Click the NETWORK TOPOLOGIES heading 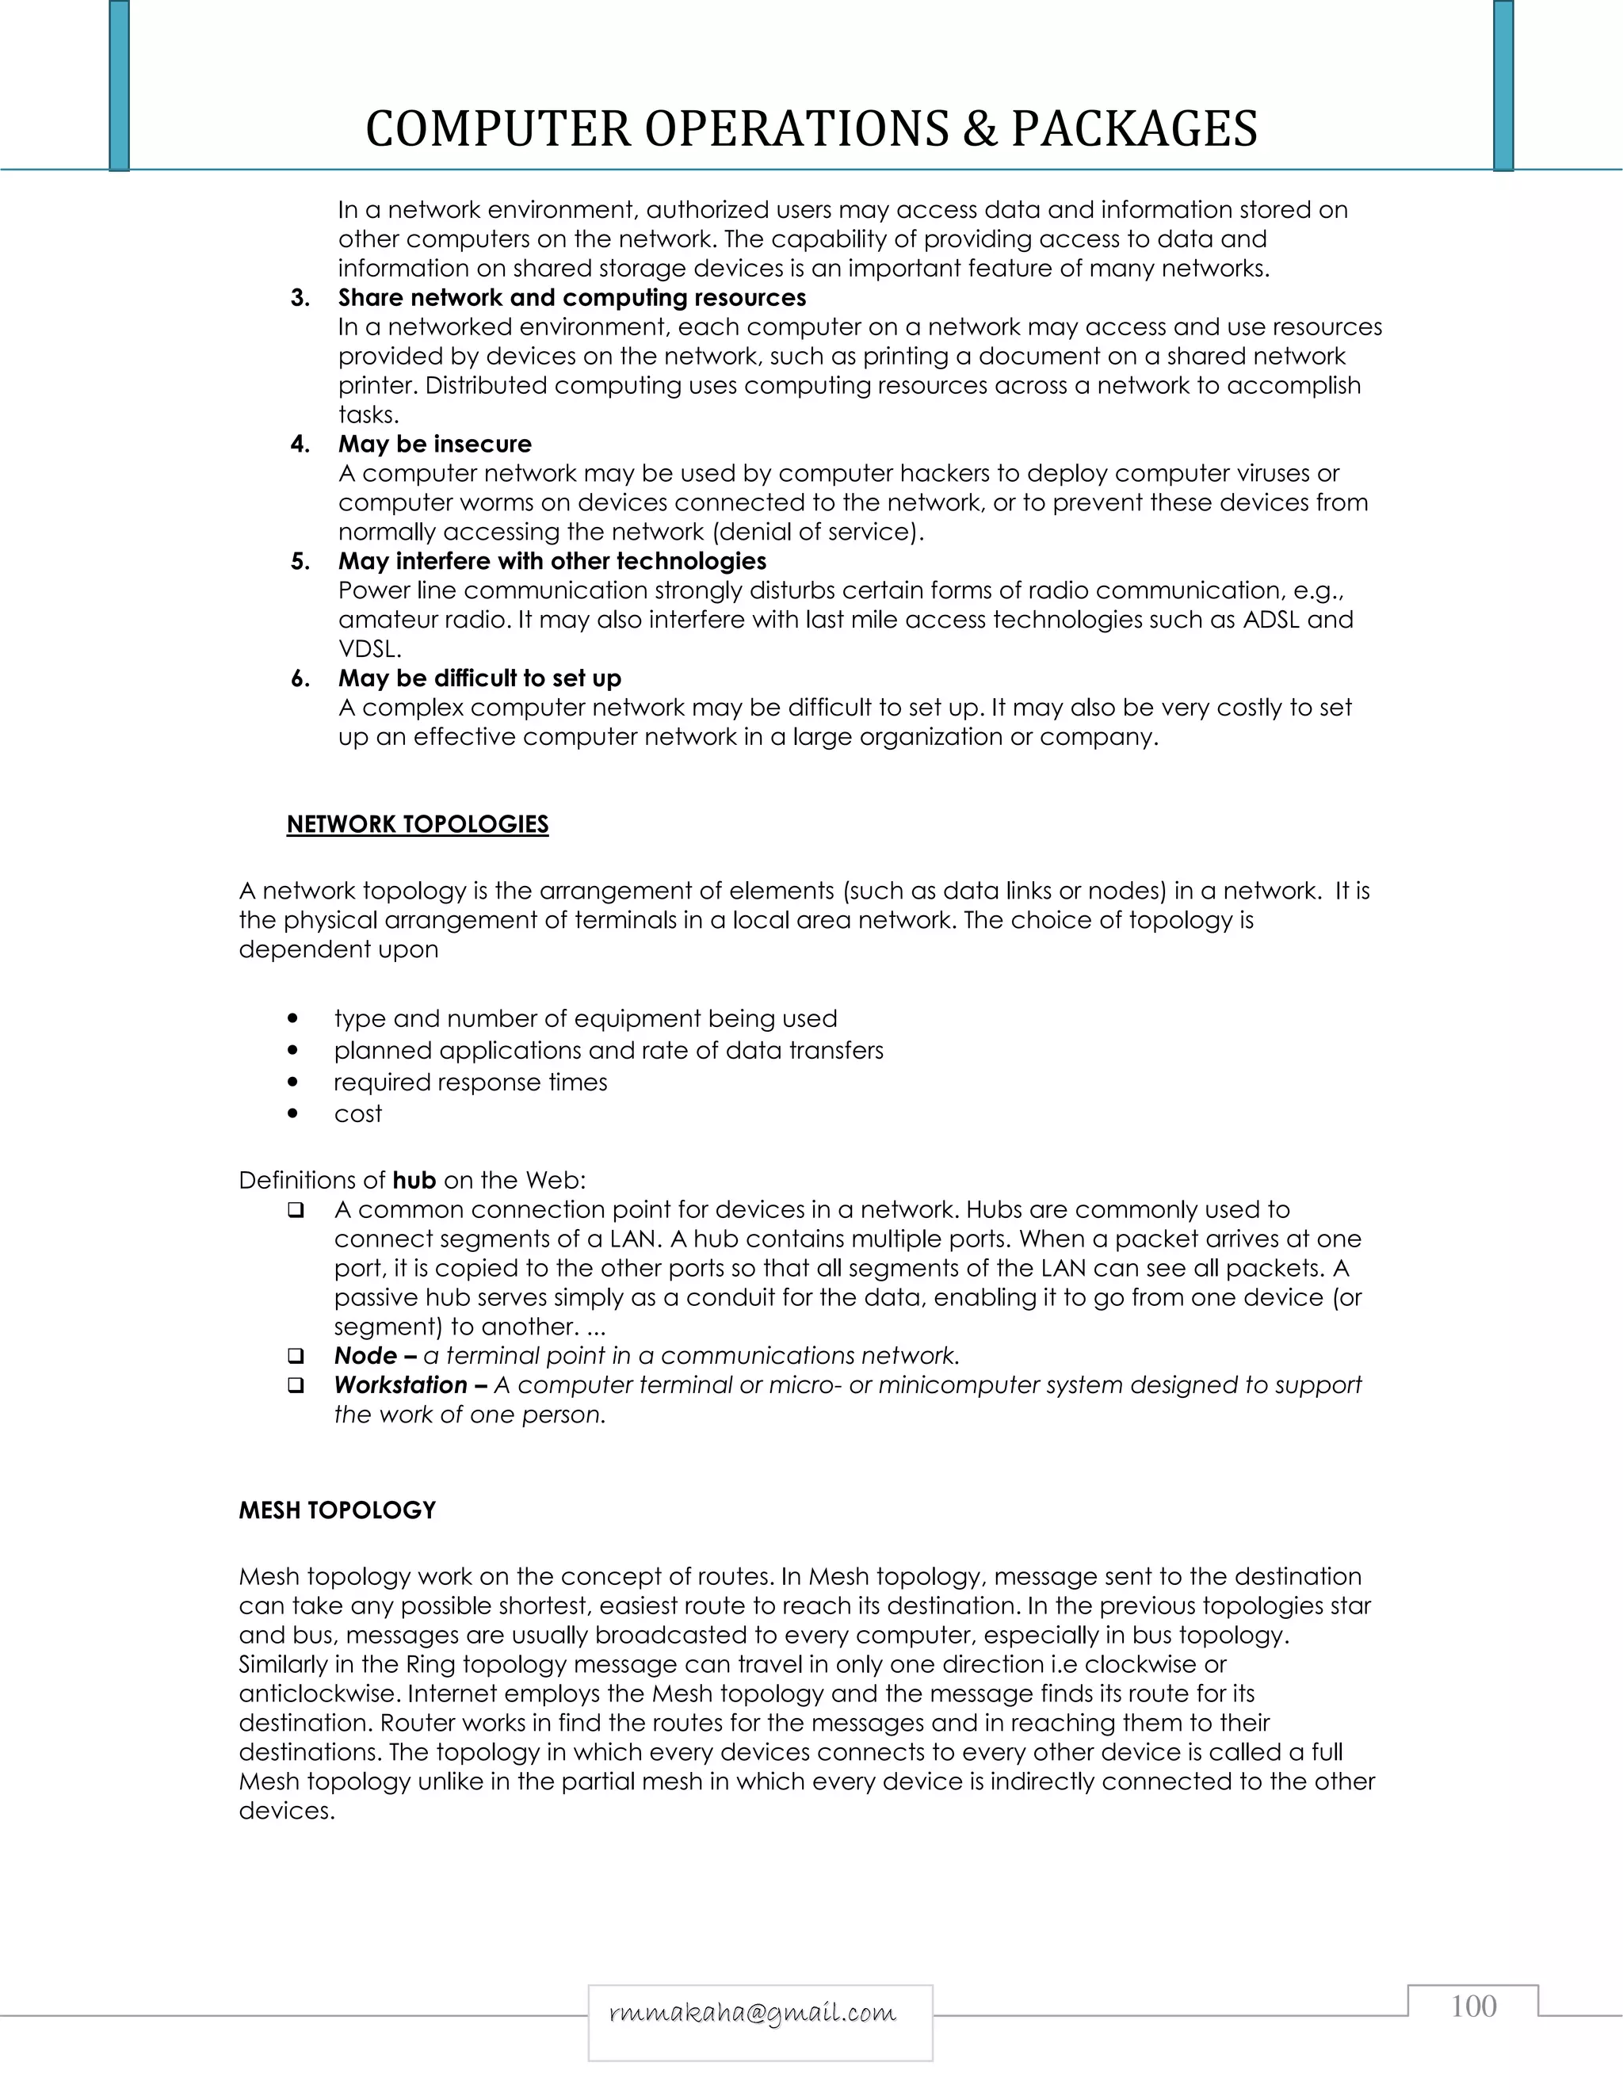tap(418, 824)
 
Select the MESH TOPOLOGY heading tap(337, 1510)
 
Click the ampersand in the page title tap(980, 129)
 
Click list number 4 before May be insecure tap(300, 445)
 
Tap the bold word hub tap(414, 1180)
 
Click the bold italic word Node tap(365, 1356)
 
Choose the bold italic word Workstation tap(400, 1384)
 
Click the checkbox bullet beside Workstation tap(296, 1385)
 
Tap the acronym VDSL tap(369, 649)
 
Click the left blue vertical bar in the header tap(119, 85)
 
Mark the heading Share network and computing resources tap(571, 297)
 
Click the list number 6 tap(300, 679)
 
